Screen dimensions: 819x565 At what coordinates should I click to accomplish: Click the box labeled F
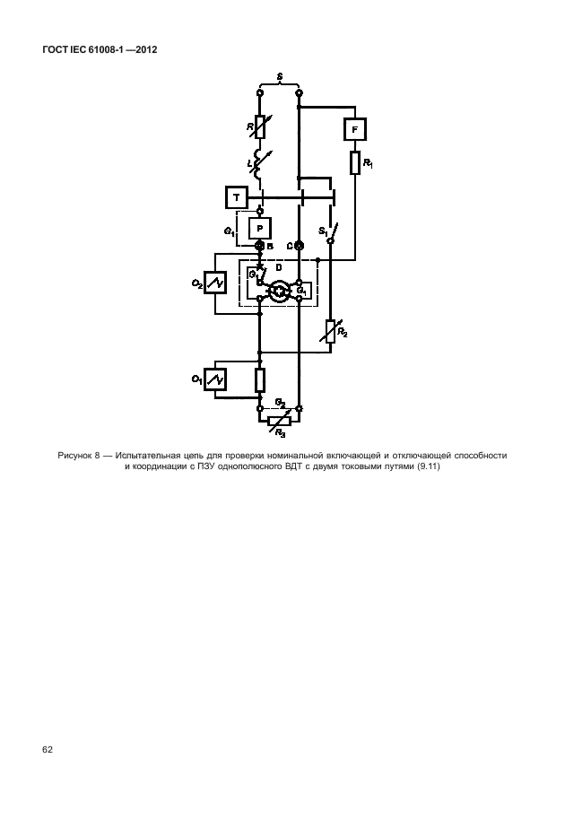point(356,131)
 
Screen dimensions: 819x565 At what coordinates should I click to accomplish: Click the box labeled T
point(235,196)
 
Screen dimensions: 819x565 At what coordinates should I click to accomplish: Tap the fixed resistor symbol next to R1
point(356,162)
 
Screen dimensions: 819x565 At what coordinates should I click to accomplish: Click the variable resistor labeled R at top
point(260,126)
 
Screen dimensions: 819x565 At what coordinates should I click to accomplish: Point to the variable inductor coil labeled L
point(260,164)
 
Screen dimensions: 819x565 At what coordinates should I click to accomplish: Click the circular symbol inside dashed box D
point(280,290)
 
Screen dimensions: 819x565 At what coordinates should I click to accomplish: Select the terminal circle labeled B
point(260,246)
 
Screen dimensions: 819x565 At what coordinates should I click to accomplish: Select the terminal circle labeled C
point(300,246)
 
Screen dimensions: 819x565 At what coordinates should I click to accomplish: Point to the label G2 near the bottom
point(280,402)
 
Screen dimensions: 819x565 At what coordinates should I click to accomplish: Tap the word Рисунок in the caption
point(77,456)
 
